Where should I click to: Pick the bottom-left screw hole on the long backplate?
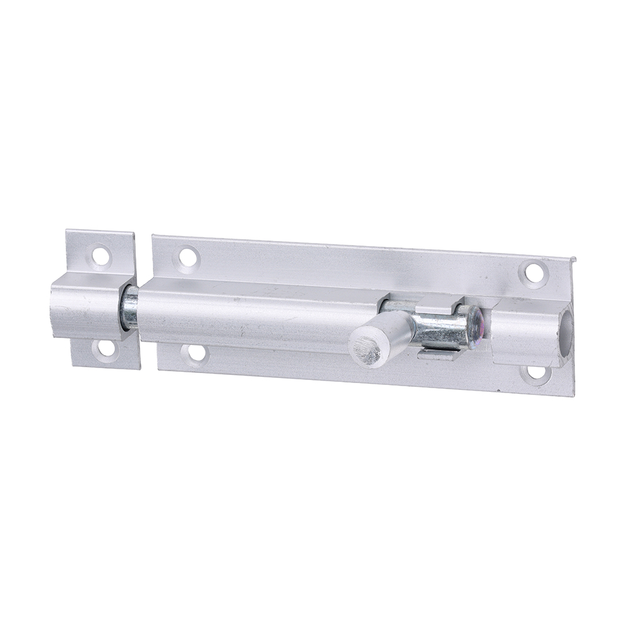pyautogui.click(x=196, y=353)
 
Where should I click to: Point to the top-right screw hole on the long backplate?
pyautogui.click(x=533, y=272)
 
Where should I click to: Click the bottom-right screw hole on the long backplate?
pyautogui.click(x=536, y=372)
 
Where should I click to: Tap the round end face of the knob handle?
pyautogui.click(x=366, y=351)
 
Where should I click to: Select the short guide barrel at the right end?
pyautogui.click(x=526, y=332)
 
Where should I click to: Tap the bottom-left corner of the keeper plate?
pyautogui.click(x=73, y=364)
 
